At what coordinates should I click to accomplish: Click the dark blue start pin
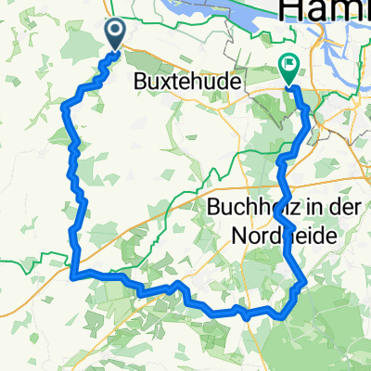(117, 33)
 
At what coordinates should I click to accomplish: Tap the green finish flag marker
(288, 68)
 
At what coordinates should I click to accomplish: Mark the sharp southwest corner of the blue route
(72, 274)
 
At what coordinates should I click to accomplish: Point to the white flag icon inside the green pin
(288, 65)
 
